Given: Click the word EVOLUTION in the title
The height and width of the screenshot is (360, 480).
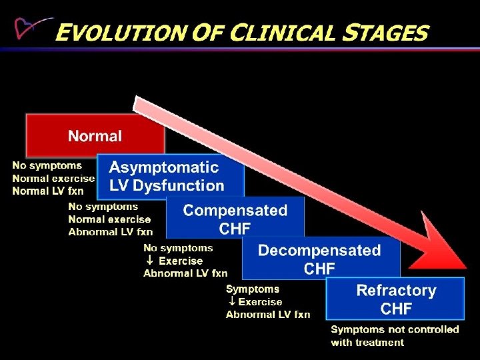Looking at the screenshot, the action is coord(114,31).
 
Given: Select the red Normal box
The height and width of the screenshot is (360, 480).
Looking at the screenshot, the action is coord(95,135).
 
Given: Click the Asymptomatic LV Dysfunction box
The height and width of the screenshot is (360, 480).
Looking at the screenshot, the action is coord(170,176).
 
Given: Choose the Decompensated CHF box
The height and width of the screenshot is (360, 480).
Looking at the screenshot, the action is coord(319,259).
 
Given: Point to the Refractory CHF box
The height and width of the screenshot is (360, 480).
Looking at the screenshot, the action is coord(395,299).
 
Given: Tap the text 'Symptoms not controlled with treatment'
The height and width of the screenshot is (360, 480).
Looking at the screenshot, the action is coord(394,335).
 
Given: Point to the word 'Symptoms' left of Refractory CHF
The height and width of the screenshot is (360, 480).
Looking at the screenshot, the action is coord(253,289).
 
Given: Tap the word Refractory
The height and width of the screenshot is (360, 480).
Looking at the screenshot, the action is coord(396,290).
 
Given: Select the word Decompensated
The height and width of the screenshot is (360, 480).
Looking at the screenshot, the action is coord(319,250).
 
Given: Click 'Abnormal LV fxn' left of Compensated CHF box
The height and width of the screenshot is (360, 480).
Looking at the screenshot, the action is coord(110,232).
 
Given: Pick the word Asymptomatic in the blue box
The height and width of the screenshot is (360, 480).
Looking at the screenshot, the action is coord(164,167).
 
